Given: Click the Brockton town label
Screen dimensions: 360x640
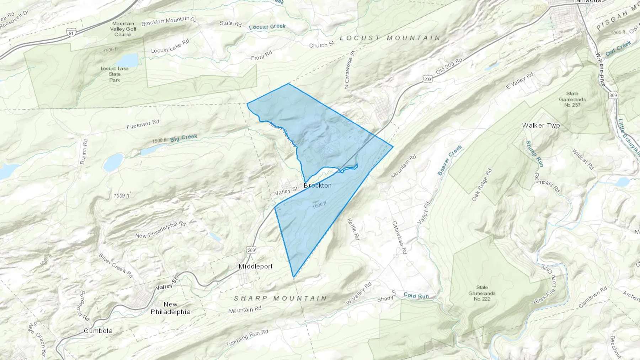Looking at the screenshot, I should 318,186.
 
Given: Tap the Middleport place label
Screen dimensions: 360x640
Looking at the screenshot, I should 255,266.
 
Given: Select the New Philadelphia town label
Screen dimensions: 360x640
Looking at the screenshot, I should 171,308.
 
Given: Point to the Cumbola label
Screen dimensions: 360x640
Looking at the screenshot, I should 98,331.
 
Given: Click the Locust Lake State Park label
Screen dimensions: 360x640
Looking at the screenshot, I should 114,74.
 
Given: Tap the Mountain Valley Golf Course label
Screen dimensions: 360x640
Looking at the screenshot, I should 123,29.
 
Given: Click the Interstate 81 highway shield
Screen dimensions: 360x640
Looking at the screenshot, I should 72,33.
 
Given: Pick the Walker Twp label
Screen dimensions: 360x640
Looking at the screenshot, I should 541,125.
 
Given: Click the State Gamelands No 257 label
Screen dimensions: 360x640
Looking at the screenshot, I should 572,99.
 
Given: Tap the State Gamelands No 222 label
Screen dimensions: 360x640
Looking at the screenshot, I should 482,293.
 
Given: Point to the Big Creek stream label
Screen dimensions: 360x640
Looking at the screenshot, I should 183,138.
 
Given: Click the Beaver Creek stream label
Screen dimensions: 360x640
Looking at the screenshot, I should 450,160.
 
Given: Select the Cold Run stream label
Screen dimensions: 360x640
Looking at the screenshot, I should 416,296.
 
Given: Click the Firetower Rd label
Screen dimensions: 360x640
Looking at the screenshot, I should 143,124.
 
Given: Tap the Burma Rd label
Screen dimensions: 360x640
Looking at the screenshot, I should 84,151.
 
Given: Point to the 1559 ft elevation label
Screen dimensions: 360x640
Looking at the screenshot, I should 122,196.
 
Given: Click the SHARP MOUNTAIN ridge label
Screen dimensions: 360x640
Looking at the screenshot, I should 280,299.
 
